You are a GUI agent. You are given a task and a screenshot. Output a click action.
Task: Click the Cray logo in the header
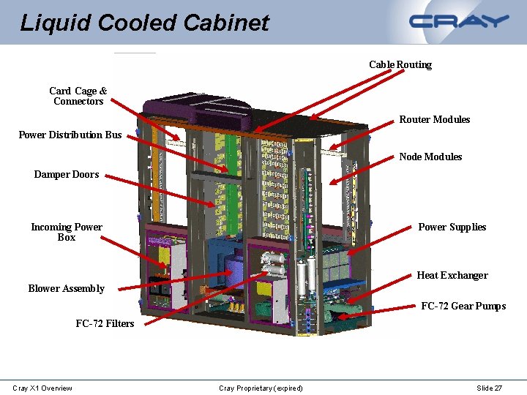[459, 21]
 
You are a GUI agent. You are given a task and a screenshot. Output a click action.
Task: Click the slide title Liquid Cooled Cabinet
[145, 23]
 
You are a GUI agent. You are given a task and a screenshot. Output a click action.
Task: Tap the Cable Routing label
[400, 64]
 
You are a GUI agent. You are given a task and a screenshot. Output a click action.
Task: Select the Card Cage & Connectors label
[78, 96]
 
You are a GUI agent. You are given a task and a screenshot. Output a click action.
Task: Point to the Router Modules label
[435, 119]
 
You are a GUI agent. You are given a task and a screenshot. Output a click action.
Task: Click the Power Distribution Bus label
[70, 135]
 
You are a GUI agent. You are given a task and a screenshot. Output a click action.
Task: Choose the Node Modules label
[430, 157]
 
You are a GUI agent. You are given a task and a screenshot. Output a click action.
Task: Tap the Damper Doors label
[66, 175]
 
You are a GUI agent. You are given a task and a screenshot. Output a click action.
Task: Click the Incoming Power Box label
[67, 232]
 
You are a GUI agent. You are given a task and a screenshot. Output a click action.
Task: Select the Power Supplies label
[452, 227]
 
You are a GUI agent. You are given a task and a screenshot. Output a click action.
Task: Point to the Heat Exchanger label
[452, 275]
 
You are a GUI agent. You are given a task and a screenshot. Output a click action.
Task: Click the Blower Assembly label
[66, 288]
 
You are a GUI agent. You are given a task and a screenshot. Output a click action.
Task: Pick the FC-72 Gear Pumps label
[463, 306]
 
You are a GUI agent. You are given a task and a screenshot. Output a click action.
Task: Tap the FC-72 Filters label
[105, 323]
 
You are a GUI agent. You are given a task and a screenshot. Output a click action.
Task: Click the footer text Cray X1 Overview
[42, 388]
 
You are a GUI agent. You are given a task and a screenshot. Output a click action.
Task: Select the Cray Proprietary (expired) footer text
[261, 388]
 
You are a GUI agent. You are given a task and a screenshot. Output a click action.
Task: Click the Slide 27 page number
[489, 388]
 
